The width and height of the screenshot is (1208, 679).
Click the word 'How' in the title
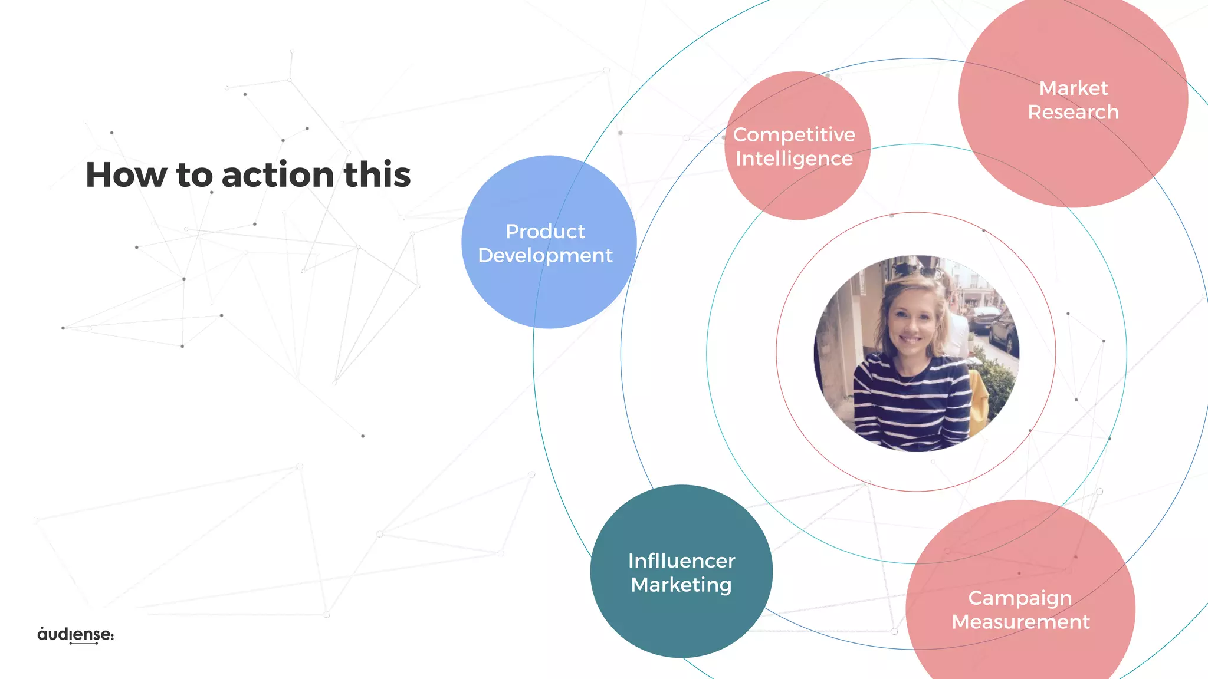pyautogui.click(x=126, y=175)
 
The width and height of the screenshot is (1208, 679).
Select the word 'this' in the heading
pyautogui.click(x=377, y=175)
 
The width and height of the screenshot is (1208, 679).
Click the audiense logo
pyautogui.click(x=75, y=634)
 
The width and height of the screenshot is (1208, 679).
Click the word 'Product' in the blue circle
pyautogui.click(x=545, y=231)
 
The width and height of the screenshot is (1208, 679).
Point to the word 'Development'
pyautogui.click(x=545, y=255)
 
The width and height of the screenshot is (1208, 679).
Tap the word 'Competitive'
pyautogui.click(x=794, y=134)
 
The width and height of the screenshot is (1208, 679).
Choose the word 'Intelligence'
pyautogui.click(x=794, y=159)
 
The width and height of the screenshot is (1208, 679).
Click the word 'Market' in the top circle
pyautogui.click(x=1073, y=88)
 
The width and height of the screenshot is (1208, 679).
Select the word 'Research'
pyautogui.click(x=1073, y=112)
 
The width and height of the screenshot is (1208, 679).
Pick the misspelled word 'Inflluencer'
pyautogui.click(x=681, y=561)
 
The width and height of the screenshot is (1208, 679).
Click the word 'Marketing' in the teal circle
pyautogui.click(x=681, y=585)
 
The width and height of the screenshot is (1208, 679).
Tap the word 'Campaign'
pyautogui.click(x=1020, y=598)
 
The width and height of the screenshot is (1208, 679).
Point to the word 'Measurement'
pyautogui.click(x=1020, y=622)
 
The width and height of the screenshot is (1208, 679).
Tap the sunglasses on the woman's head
pyautogui.click(x=918, y=272)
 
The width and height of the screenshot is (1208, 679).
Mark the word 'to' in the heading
pyautogui.click(x=194, y=175)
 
